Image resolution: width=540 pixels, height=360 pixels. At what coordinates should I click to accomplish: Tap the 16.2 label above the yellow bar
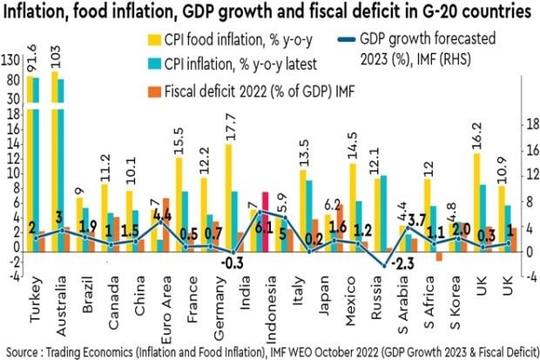click(477, 137)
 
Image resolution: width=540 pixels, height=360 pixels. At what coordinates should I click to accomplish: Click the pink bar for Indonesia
click(264, 221)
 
